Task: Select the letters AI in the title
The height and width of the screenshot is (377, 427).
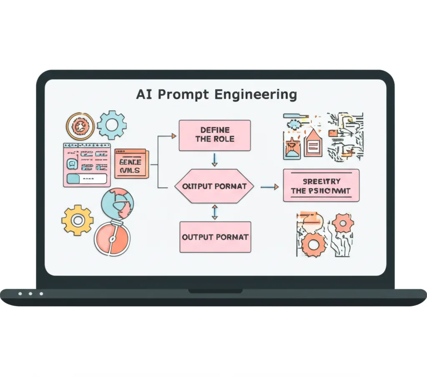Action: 143,95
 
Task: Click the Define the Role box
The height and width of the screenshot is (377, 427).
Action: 215,135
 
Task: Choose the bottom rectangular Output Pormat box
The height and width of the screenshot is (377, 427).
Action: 215,237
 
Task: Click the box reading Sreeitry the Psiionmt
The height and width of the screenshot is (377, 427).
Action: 321,185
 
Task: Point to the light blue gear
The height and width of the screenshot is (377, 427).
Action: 112,124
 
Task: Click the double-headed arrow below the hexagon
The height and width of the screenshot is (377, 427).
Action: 215,212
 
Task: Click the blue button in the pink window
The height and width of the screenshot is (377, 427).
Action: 74,178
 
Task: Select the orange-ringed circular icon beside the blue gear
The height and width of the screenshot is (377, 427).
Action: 80,125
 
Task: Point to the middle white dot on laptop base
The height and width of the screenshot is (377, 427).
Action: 30,294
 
